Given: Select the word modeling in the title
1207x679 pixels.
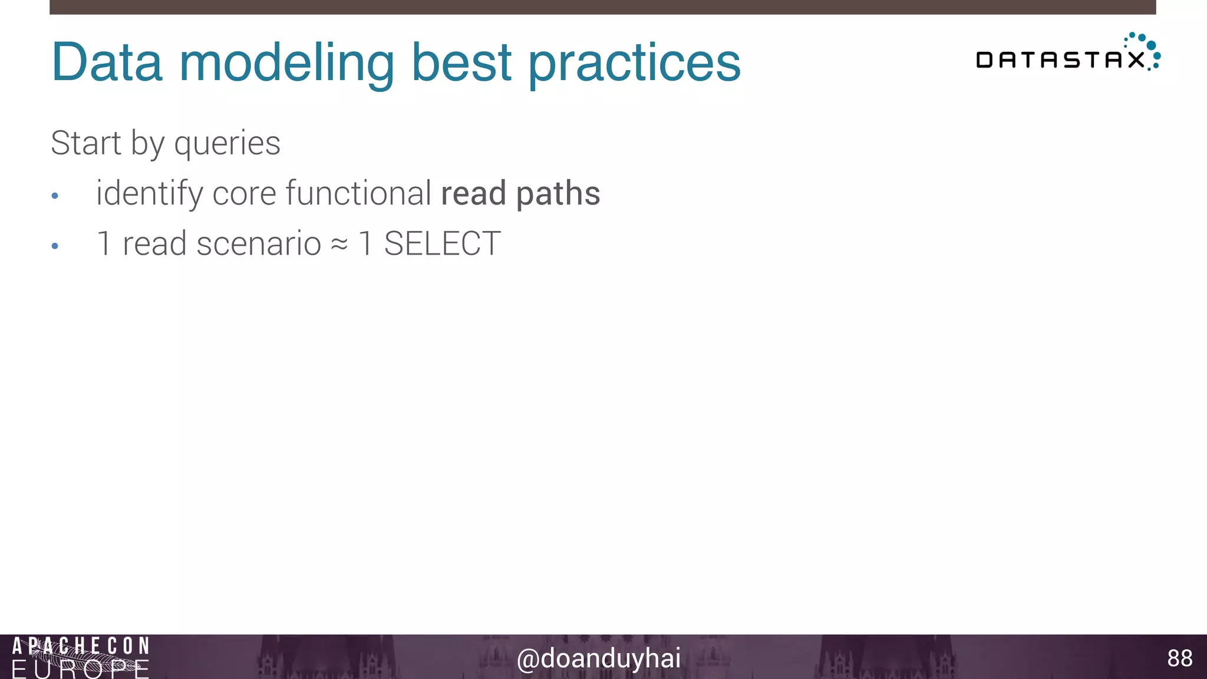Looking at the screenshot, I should [286, 64].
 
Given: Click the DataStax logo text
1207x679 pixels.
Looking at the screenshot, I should [1060, 60].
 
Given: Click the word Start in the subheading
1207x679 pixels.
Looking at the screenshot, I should [86, 143].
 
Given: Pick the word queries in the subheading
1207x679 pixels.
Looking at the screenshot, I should [227, 144].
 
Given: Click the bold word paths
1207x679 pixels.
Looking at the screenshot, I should [558, 194].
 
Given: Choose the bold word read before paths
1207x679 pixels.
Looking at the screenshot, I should [473, 193].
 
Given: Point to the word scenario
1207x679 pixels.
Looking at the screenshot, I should [259, 243].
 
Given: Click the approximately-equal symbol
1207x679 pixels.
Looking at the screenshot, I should [339, 244].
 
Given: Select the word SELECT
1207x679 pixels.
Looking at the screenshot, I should [442, 243].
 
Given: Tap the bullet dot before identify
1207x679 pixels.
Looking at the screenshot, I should [55, 196].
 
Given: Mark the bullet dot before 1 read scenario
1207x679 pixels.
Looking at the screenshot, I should [55, 246].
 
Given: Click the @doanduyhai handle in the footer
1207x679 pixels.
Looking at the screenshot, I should [598, 658].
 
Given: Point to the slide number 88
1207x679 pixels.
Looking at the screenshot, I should [1179, 658].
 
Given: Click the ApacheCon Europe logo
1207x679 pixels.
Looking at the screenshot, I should [81, 657].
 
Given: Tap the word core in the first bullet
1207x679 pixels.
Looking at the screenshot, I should [244, 194].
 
